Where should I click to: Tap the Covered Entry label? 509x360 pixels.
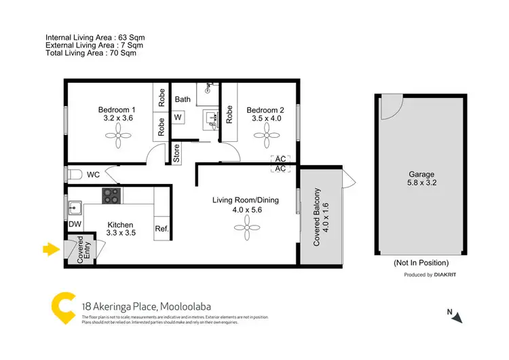[80, 250]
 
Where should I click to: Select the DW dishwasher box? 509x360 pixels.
[75, 225]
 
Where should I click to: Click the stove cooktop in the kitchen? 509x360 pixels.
[111, 196]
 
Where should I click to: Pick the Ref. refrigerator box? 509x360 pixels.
[162, 229]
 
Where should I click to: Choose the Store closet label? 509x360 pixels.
[176, 154]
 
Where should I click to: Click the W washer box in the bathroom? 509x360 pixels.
[178, 117]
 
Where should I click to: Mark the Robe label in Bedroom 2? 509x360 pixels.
[229, 112]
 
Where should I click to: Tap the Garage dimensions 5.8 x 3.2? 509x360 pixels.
[421, 183]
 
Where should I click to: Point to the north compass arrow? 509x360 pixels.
[458, 317]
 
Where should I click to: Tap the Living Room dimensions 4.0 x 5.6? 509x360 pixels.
[246, 211]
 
